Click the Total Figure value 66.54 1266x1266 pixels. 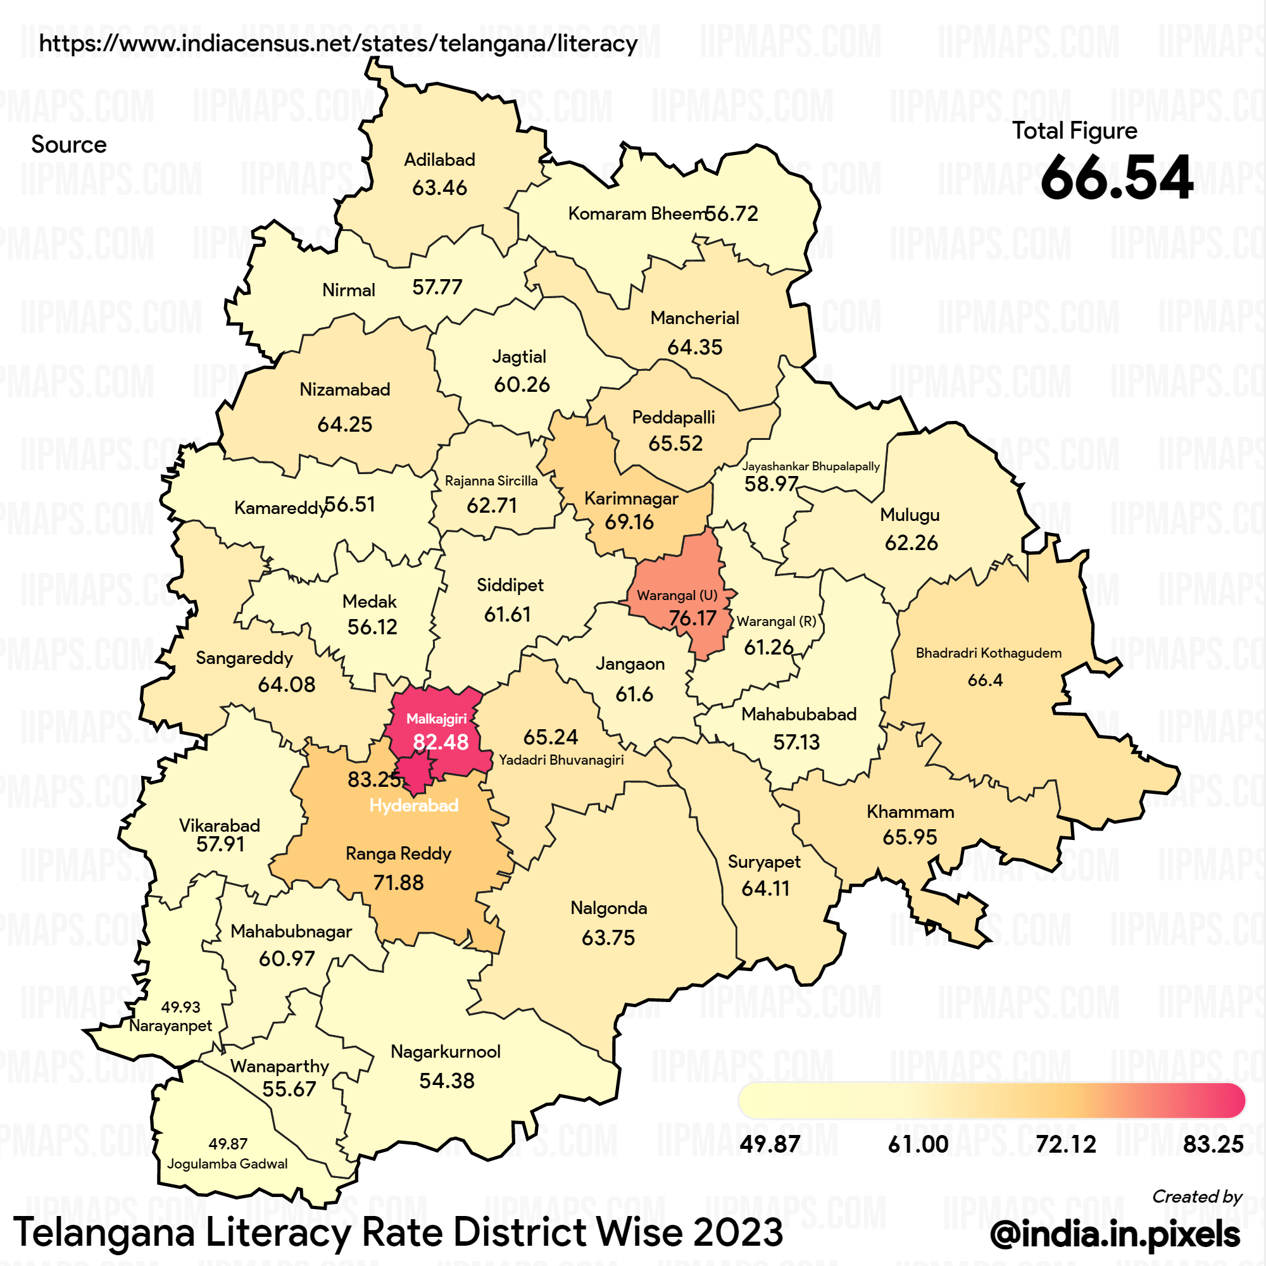[x=1116, y=178]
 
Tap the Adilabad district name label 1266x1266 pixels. [x=439, y=160]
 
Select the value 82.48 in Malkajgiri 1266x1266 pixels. [x=441, y=742]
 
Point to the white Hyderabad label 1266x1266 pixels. [x=413, y=805]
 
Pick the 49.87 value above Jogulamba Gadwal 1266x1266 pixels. [x=228, y=1143]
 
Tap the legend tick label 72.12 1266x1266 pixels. [x=1065, y=1144]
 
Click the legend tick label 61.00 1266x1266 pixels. [x=917, y=1144]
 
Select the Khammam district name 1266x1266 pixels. [x=910, y=812]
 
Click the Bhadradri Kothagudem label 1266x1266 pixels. [x=988, y=653]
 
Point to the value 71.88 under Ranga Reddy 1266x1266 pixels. [x=398, y=882]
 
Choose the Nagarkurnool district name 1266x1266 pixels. [x=446, y=1051]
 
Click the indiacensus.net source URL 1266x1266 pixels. [x=338, y=43]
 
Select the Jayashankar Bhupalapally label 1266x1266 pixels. [x=811, y=466]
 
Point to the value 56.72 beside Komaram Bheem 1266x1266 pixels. [x=731, y=213]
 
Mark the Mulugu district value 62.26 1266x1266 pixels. [x=911, y=542]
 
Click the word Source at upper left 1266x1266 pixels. [x=69, y=144]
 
